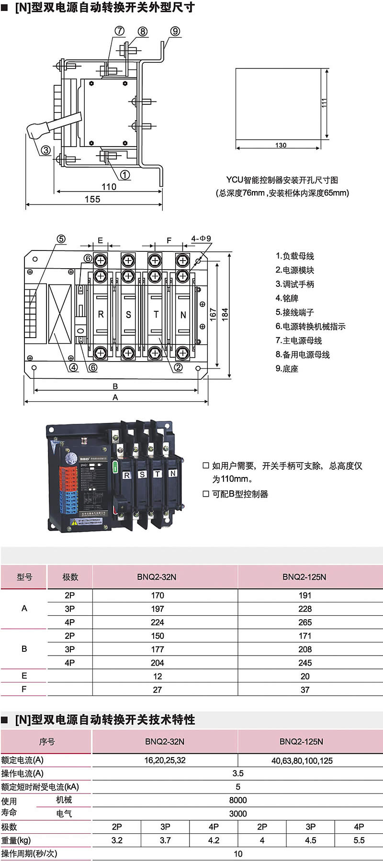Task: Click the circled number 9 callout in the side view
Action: tap(175, 31)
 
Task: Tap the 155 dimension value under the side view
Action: tap(92, 199)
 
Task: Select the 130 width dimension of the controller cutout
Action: tap(281, 145)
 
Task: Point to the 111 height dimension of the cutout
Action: tap(324, 103)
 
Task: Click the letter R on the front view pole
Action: tap(101, 315)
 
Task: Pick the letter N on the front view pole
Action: tap(183, 315)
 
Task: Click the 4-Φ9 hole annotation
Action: tap(201, 238)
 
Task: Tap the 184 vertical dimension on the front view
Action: tap(225, 314)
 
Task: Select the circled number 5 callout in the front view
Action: tap(61, 239)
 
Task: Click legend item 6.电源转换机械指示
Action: tap(310, 327)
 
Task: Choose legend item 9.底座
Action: tap(287, 369)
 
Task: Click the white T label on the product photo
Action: tap(158, 474)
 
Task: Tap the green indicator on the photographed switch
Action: tap(115, 466)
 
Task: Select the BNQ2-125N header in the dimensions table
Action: tap(304, 577)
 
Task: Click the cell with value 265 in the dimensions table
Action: tap(304, 623)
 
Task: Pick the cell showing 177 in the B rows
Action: tap(157, 649)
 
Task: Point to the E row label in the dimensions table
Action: tap(24, 676)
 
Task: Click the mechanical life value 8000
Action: tap(238, 800)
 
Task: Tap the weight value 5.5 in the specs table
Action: tap(359, 840)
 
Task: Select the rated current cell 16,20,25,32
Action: tap(165, 760)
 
